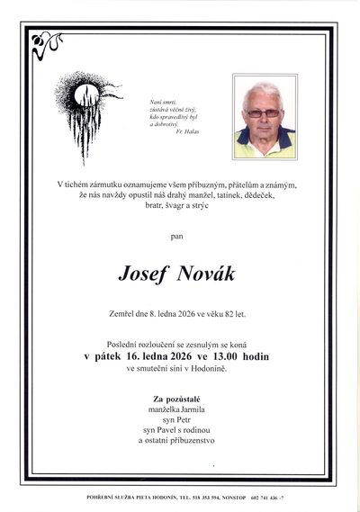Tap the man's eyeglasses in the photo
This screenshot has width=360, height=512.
pos(263,112)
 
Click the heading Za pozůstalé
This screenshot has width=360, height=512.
pos(179,397)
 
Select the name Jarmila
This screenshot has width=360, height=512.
pos(196,409)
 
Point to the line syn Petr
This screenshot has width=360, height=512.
pos(179,419)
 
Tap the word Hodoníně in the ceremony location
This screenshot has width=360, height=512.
pos(228,368)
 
